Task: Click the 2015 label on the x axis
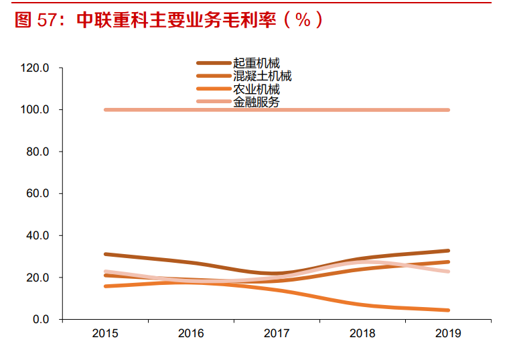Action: (x=105, y=333)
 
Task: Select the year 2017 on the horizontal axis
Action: (x=277, y=333)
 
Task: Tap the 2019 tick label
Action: (x=448, y=333)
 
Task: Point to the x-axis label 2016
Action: (x=191, y=333)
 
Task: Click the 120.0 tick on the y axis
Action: (x=35, y=68)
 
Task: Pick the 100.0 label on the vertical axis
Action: (x=35, y=110)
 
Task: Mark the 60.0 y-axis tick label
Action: (x=38, y=194)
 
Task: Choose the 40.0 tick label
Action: (x=38, y=236)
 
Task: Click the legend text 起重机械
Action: (x=257, y=64)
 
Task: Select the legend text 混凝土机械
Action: (x=262, y=76)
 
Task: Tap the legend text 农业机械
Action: (x=257, y=89)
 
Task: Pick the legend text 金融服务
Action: (x=257, y=102)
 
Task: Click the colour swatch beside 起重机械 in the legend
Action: (x=214, y=64)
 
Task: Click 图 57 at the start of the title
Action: (x=33, y=20)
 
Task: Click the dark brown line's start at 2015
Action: (x=106, y=254)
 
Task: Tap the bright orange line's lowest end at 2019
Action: (x=448, y=310)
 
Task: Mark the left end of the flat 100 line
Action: (x=106, y=110)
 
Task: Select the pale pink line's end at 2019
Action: (x=448, y=272)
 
